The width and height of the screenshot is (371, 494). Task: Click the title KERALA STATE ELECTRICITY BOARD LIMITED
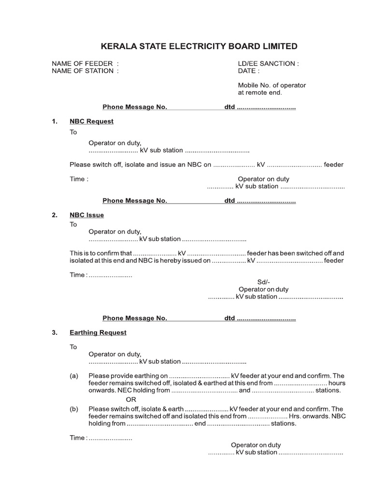199,46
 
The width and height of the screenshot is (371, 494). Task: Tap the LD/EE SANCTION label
268,63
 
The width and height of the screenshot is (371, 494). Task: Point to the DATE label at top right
248,71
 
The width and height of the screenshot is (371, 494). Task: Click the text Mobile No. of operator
271,85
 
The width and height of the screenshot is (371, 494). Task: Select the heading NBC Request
91,121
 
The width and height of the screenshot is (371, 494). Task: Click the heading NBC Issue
86,215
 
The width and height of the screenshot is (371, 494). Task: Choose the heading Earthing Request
98,332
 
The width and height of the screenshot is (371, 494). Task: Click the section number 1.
55,121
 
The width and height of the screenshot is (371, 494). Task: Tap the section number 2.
55,215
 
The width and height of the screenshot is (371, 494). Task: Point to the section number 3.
55,332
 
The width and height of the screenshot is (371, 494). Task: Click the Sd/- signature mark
264,282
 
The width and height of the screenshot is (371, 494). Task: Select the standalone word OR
131,399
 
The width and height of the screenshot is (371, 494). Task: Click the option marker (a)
74,376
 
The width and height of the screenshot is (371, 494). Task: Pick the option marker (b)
74,409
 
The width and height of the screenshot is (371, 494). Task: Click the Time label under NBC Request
79,179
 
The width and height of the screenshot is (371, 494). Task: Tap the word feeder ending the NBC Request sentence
333,165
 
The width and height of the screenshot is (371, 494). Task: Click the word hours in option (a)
337,383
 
